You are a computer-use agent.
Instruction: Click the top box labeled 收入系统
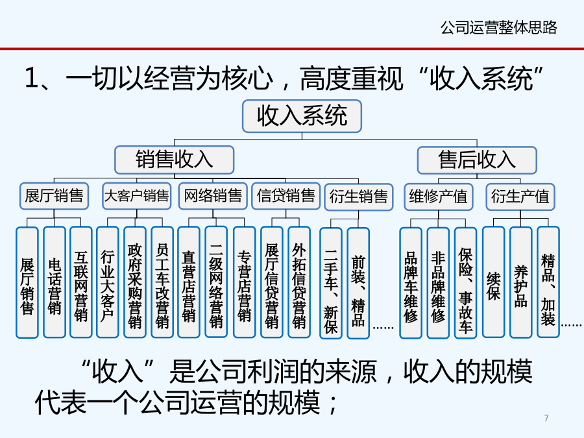[x=302, y=116]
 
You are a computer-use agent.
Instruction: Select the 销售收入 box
[x=175, y=160]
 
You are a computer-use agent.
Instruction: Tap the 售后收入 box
[x=477, y=160]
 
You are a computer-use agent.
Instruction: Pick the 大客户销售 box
[x=137, y=196]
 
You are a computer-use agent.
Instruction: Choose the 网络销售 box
[x=213, y=196]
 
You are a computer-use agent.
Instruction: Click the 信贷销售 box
[x=286, y=196]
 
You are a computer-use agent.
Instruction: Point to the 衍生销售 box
[x=358, y=197]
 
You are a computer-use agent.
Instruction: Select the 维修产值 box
[x=439, y=197]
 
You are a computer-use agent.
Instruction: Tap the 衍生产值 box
[x=520, y=197]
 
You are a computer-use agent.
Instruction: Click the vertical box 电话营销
[x=55, y=282]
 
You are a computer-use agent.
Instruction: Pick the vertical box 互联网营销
[x=81, y=282]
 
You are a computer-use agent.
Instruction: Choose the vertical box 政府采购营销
[x=134, y=282]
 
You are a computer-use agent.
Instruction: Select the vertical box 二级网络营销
[x=216, y=282]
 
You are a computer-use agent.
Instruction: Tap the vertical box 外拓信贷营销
[x=299, y=282]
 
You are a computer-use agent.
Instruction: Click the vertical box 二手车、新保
[x=331, y=283]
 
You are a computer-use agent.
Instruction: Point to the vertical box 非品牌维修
[x=438, y=283]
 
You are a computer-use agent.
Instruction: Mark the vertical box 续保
[x=494, y=282]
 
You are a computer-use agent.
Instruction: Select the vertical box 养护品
[x=520, y=282]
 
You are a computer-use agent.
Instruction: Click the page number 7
[x=546, y=418]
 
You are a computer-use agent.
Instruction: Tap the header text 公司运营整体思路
[x=499, y=27]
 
